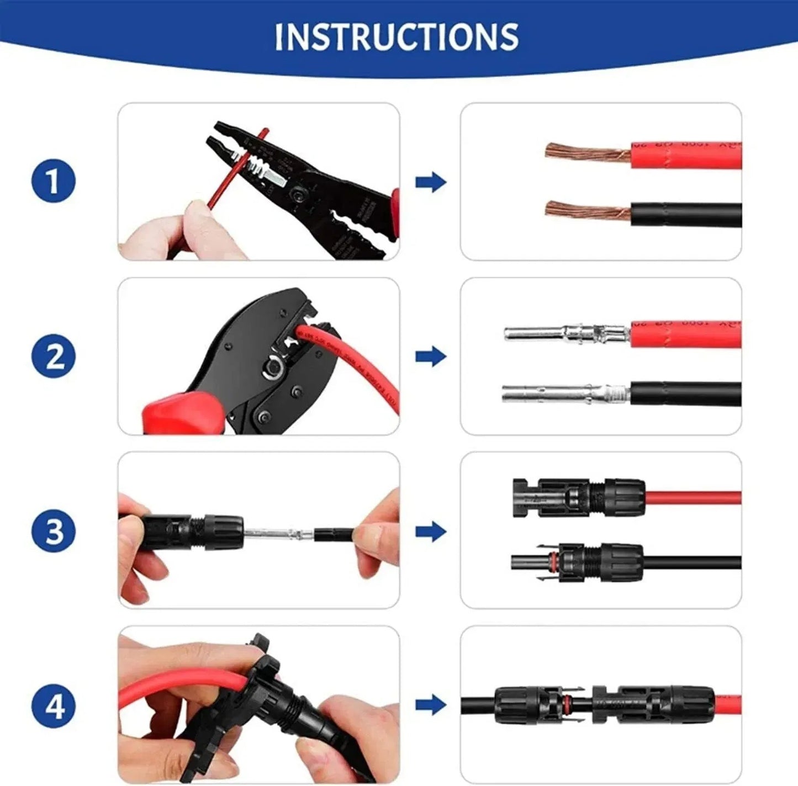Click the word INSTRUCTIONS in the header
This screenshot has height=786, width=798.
click(397, 37)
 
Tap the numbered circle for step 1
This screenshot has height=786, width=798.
click(54, 182)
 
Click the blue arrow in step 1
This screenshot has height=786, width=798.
click(430, 182)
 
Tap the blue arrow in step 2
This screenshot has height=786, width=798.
click(430, 357)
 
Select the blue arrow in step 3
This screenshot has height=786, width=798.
click(430, 532)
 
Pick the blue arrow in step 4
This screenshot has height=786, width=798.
click(430, 705)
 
